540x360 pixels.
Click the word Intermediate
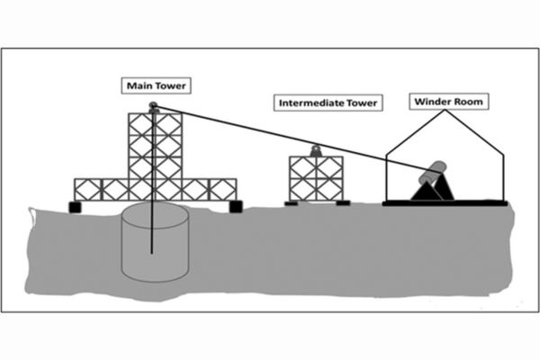point(312,103)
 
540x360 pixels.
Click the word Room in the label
point(468,102)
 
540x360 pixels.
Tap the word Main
point(139,86)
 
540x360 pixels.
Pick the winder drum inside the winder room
point(434,171)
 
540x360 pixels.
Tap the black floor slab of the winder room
point(445,203)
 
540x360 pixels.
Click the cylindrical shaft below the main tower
point(155,243)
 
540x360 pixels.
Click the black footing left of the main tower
point(76,207)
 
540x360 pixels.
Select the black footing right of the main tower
point(236,207)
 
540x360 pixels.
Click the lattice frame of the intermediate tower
point(316,178)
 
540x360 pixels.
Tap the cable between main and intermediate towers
point(234,129)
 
